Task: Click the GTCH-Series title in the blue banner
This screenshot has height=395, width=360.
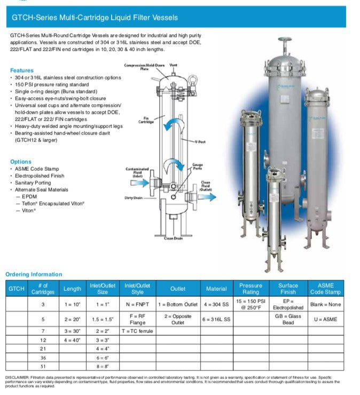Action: click(95, 18)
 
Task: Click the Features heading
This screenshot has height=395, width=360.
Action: click(21, 70)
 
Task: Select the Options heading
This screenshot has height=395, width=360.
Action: click(21, 162)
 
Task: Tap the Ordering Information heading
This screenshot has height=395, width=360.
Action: click(34, 274)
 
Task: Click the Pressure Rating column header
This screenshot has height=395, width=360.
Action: click(251, 289)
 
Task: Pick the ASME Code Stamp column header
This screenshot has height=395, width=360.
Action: click(325, 289)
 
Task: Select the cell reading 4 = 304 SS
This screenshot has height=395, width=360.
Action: click(216, 304)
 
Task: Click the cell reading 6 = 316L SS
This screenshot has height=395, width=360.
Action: click(216, 319)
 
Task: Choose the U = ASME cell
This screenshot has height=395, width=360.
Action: click(325, 319)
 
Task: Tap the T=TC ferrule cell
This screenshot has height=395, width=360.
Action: click(137, 331)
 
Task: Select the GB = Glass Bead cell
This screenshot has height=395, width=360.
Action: click(288, 319)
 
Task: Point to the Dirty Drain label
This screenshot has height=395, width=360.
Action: click(133, 197)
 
